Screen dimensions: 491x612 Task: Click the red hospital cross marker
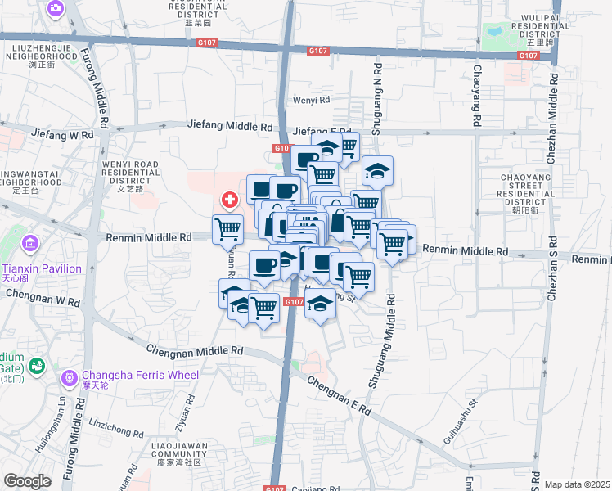coord(230,199)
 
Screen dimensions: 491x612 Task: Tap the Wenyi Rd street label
coord(311,101)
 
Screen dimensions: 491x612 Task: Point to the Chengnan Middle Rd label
coord(195,349)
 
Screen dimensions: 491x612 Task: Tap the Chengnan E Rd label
coord(340,394)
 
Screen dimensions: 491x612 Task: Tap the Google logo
coord(27,481)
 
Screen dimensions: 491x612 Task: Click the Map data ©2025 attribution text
coord(577,484)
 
